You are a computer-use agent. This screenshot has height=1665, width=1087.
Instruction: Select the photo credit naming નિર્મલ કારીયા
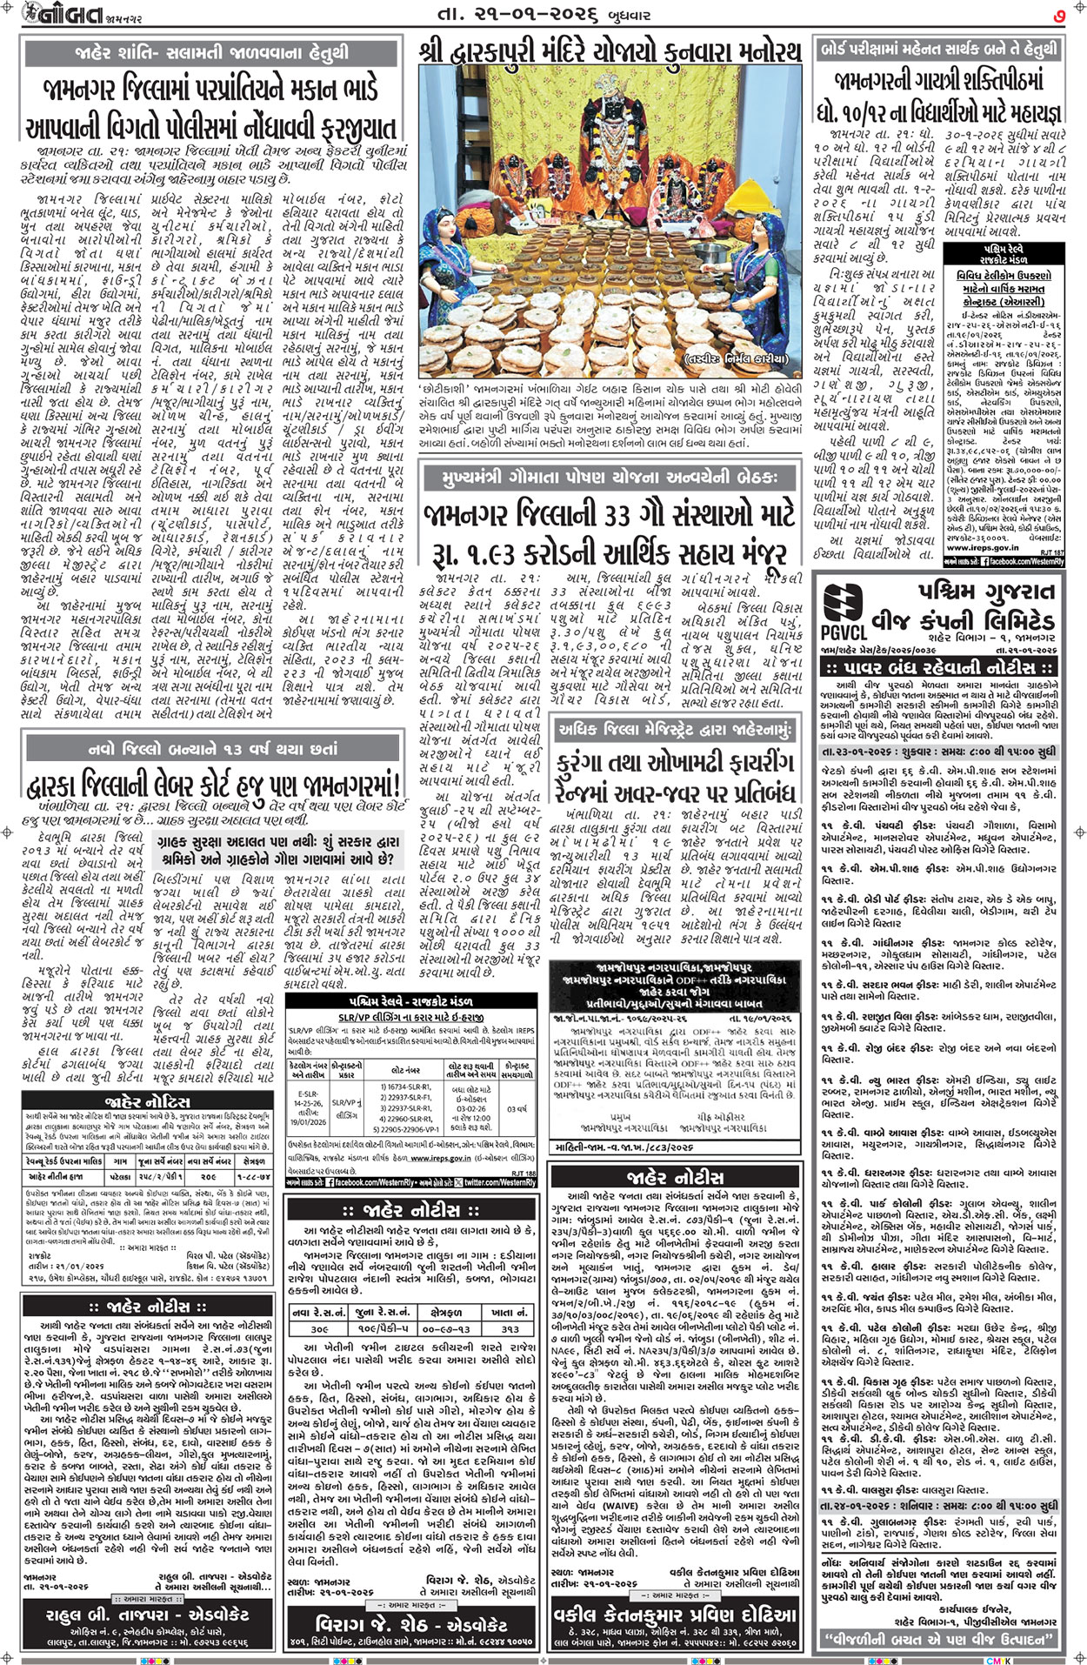[x=744, y=358]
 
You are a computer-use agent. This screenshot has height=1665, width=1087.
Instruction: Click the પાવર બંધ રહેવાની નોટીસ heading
[x=940, y=667]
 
